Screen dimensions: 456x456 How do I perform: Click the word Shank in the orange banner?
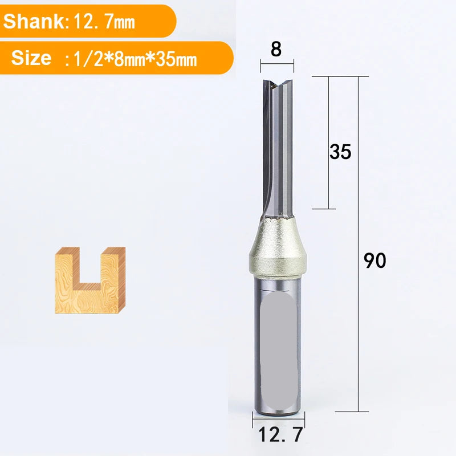[x=34, y=21]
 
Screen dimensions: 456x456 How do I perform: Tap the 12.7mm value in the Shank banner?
[x=104, y=22]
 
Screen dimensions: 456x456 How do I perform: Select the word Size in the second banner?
[x=31, y=58]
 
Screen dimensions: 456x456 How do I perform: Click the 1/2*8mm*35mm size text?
[x=135, y=59]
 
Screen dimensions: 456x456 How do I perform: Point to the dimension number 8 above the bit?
[x=276, y=50]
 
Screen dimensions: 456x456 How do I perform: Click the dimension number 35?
[x=340, y=152]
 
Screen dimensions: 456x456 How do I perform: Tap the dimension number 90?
[x=375, y=260]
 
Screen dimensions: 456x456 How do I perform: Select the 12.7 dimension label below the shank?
[x=280, y=434]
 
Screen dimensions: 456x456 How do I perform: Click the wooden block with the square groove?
[x=90, y=280]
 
